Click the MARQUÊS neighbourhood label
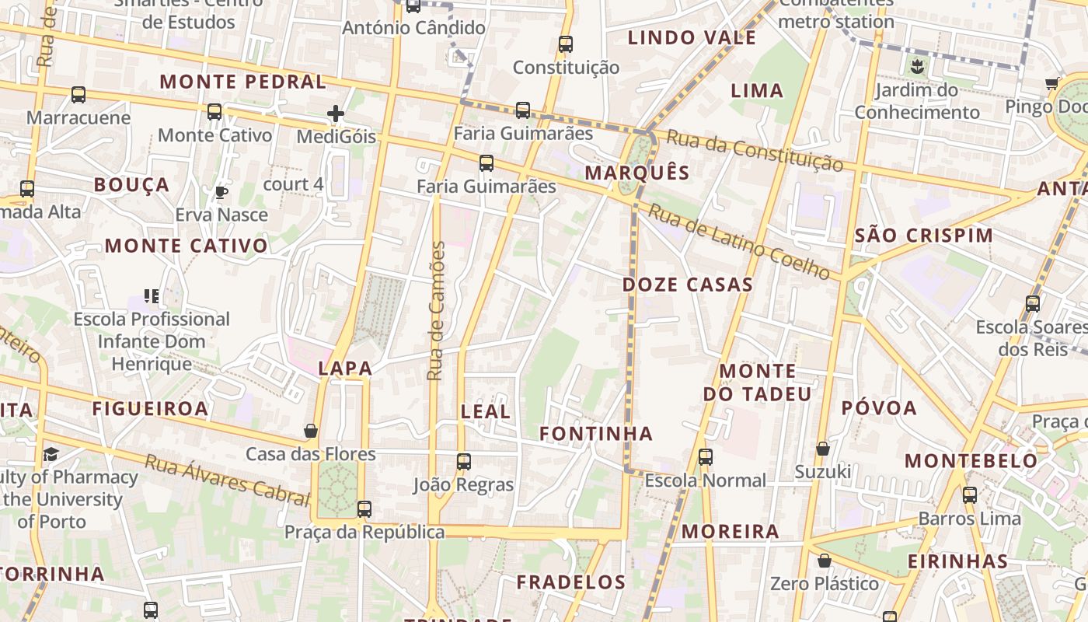tap(637, 173)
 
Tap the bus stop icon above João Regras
tap(464, 462)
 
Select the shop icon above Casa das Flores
tap(311, 431)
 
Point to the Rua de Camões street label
tap(436, 311)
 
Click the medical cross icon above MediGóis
tap(336, 114)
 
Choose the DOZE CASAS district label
tap(688, 285)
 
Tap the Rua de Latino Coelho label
tap(739, 241)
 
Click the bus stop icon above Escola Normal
tap(706, 457)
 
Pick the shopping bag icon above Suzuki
tap(823, 449)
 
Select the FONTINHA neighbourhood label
tap(596, 433)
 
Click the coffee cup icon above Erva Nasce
tap(221, 191)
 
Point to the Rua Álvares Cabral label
tap(227, 480)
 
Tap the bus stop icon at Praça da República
tap(364, 509)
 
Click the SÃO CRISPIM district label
tap(924, 236)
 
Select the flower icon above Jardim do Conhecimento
tap(917, 66)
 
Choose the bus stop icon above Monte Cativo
tap(214, 112)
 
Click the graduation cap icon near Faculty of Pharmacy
tap(51, 454)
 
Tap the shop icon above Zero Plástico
tap(825, 561)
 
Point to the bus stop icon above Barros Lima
tap(970, 494)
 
